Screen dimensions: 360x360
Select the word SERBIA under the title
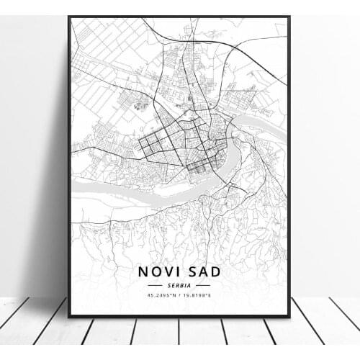[180, 286]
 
